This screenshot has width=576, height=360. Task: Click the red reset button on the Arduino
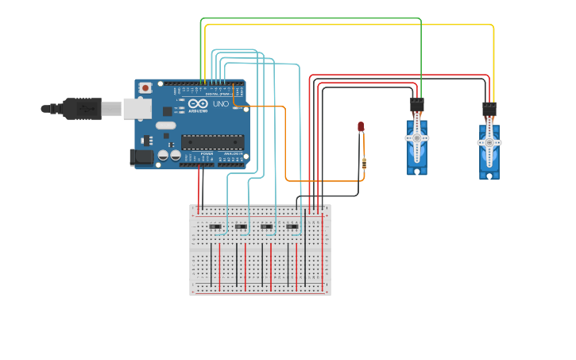point(145,87)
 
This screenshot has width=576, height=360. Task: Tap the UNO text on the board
point(221,104)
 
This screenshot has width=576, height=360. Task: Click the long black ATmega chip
point(210,142)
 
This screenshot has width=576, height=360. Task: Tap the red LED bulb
point(361,126)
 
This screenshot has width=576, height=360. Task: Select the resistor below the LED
point(364,164)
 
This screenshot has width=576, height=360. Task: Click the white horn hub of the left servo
point(416,137)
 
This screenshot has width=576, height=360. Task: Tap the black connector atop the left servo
point(417,105)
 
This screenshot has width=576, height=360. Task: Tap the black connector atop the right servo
point(489,109)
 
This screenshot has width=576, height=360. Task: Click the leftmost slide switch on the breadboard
point(215,227)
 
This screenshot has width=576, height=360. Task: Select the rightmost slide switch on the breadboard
point(292,227)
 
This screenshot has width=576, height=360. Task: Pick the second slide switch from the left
point(241,227)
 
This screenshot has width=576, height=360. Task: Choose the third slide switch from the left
point(266,227)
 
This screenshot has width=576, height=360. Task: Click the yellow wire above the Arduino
point(350,25)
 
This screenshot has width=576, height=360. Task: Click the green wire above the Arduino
point(310,18)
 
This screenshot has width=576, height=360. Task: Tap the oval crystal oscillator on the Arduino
point(165,126)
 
